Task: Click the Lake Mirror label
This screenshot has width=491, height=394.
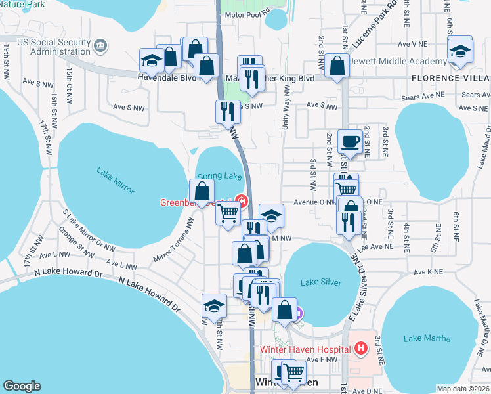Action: point(115,181)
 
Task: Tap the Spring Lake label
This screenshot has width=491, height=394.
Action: point(219,176)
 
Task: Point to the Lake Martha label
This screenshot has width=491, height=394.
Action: point(427,338)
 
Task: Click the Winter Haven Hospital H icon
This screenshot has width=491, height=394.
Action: point(360,349)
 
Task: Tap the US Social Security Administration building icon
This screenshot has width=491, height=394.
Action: point(100,45)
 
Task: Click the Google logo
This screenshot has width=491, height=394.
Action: point(22,386)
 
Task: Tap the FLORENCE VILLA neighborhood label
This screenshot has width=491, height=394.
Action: point(451,78)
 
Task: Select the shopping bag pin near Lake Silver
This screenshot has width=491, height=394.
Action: point(284,311)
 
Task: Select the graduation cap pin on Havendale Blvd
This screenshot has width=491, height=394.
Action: point(152,60)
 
